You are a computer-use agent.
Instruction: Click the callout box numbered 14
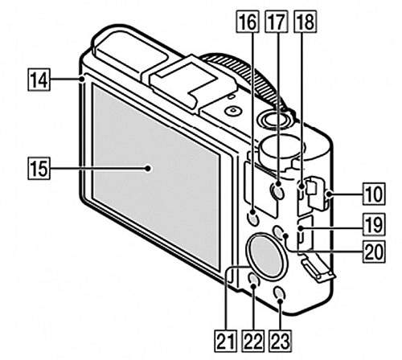39,80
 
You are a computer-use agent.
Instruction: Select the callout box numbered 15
39,169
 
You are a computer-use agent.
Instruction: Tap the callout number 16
247,22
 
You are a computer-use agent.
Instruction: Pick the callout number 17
277,22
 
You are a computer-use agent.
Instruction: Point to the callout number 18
306,22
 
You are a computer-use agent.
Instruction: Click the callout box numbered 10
374,194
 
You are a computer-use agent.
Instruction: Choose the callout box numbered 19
374,224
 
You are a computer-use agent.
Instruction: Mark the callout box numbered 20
374,252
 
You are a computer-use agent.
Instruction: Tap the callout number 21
225,341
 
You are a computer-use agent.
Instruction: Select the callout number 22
253,341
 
